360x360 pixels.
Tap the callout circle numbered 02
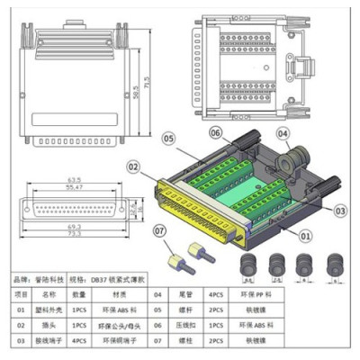(x=132, y=166)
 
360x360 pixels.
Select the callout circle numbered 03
(x=340, y=209)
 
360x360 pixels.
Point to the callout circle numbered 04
(x=282, y=134)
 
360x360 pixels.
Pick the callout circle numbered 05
(x=167, y=138)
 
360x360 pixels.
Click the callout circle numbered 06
(x=216, y=131)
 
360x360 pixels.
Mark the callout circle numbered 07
(x=158, y=232)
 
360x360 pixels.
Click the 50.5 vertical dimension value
(x=136, y=93)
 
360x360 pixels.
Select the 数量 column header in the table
(x=79, y=294)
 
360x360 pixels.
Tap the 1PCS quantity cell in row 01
(x=79, y=310)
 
